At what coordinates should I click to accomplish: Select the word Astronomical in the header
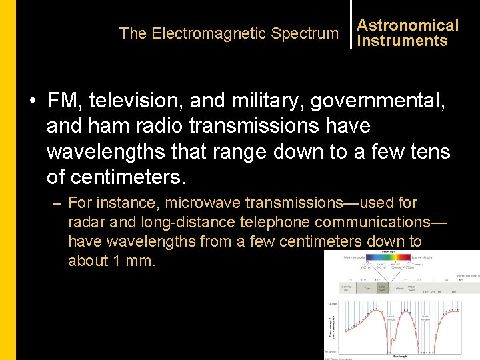point(408,25)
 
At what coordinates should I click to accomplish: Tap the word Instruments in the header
point(402,41)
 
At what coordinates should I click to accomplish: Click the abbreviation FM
point(61,101)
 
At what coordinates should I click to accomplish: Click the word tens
point(427,151)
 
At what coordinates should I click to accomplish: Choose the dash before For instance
point(57,203)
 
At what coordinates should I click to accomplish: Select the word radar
point(87,222)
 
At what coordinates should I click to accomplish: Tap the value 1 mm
point(133,261)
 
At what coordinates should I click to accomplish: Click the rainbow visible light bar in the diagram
point(401,257)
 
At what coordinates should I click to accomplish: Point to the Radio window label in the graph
point(427,317)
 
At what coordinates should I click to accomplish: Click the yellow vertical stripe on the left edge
point(8,180)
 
